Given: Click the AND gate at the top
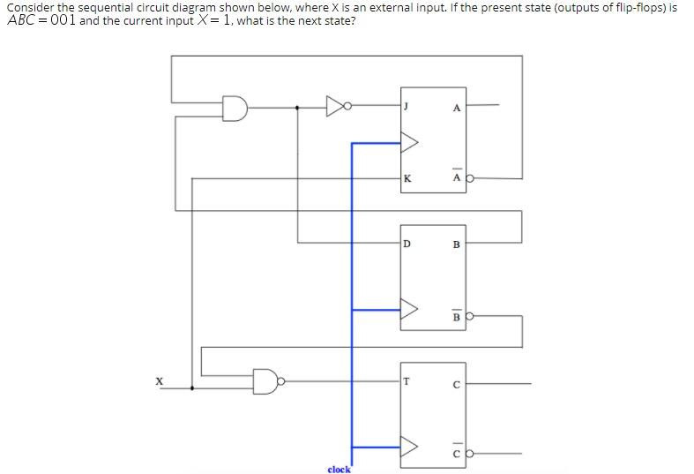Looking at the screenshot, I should pos(235,109).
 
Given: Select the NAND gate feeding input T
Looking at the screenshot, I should pos(267,381).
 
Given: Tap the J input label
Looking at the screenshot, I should pos(407,107).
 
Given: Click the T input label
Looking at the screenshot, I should pos(407,381).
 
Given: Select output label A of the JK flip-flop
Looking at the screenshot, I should pos(456,108).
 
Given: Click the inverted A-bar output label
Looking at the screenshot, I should pos(456,177).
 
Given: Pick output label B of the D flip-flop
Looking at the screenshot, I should pos(456,244).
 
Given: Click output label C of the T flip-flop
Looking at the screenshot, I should pos(456,384).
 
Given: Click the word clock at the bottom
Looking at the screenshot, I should pos(339,470).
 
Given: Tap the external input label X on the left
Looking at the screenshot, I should pos(160,381).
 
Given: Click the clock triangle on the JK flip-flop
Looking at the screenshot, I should pos(410,140).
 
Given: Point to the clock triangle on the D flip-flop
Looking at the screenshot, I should pos(410,309).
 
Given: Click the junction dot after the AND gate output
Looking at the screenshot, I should pos(297,109).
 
